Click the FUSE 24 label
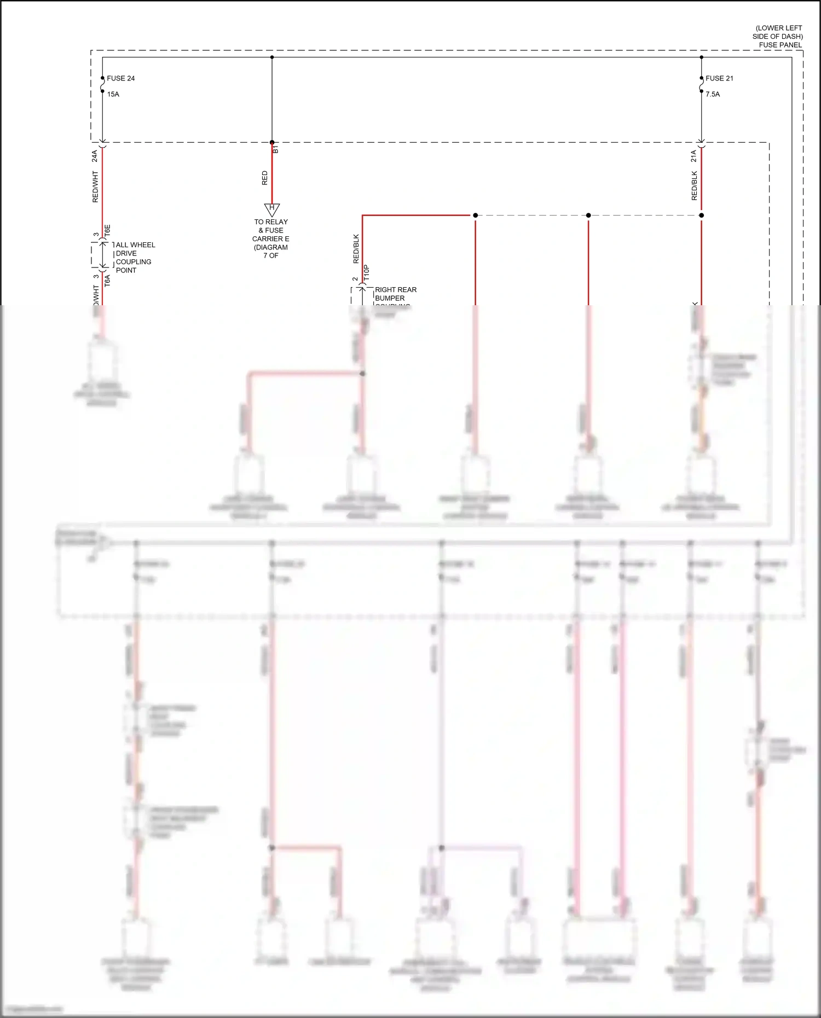(120, 78)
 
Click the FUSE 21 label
(719, 78)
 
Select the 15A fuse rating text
(113, 94)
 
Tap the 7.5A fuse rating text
(713, 94)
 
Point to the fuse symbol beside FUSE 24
(102, 85)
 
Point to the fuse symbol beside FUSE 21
(701, 85)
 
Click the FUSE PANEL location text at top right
(778, 36)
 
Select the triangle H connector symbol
(272, 210)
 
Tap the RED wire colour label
(265, 178)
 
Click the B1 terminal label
(276, 149)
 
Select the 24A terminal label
(95, 156)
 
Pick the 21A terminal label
(693, 156)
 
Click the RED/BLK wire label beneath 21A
(694, 186)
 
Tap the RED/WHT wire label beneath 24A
(95, 187)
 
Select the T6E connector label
(108, 230)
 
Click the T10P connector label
(367, 273)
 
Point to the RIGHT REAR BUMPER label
(395, 294)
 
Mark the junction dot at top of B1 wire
(272, 57)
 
